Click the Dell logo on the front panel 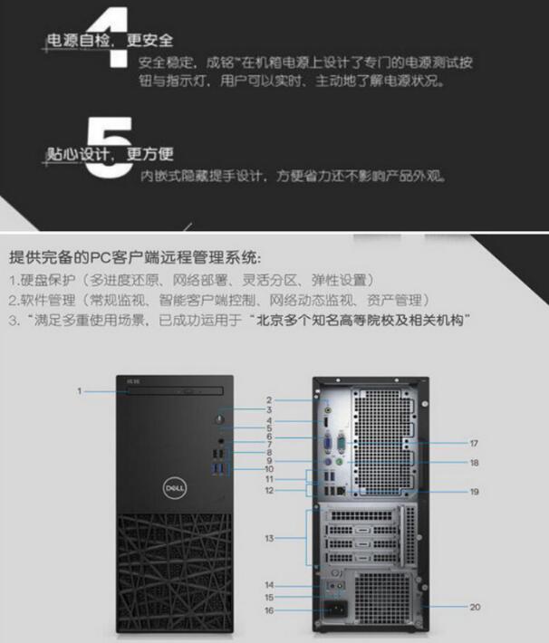(175, 487)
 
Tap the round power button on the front (220, 419)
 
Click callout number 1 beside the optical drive (80, 391)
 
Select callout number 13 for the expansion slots (269, 538)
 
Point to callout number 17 (474, 443)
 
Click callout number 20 (475, 607)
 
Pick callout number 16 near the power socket (269, 610)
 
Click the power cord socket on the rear (336, 609)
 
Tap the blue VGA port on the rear (328, 443)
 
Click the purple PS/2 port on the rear (328, 463)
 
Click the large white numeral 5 (110, 148)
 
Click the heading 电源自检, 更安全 (110, 41)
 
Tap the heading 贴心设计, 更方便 (110, 155)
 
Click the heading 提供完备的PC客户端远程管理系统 (135, 257)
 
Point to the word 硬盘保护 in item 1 (48, 281)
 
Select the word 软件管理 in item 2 (48, 301)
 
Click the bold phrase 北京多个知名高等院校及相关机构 (360, 321)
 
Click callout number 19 (475, 492)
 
